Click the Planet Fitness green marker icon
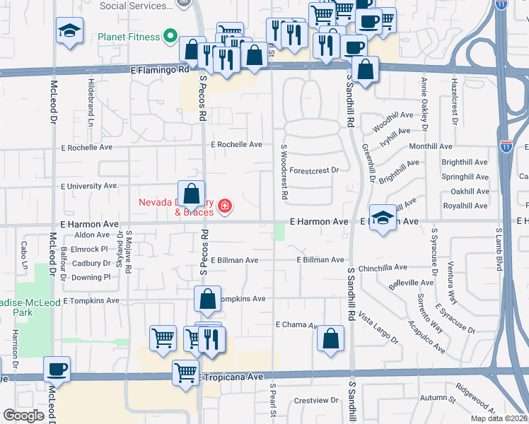[x=170, y=35]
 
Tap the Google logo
[x=23, y=416]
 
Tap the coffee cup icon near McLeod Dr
[x=57, y=370]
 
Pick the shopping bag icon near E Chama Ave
[x=330, y=339]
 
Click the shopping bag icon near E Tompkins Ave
[x=207, y=300]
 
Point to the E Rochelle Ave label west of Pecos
[x=87, y=148]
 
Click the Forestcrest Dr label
[x=315, y=170]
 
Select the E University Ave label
[x=90, y=186]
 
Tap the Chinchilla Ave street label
[x=383, y=268]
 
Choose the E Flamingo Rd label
[x=160, y=70]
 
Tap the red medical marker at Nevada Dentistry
[x=225, y=206]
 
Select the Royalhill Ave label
[x=464, y=206]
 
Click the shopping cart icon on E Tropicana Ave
[x=186, y=371]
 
